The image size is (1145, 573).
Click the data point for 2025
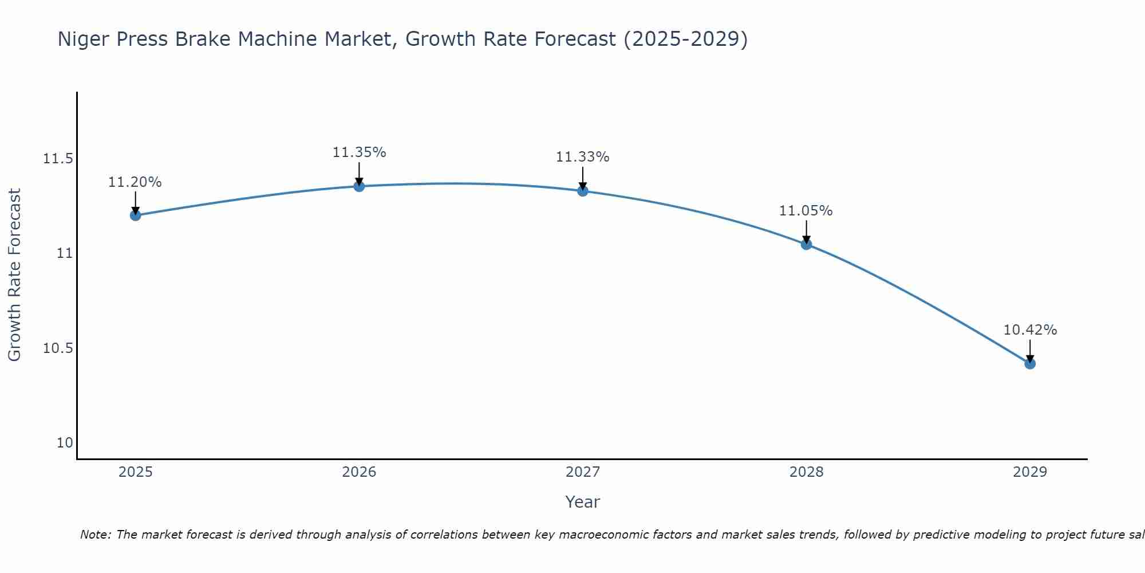coord(136,215)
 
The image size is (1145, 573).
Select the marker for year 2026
coord(359,186)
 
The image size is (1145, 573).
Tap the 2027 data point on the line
coord(583,191)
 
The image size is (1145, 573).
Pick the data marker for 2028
coord(806,245)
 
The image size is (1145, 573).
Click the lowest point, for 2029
coord(1030,363)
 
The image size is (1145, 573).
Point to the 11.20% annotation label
coord(135,182)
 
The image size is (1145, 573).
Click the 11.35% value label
coord(359,152)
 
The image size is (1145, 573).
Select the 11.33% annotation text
coord(583,157)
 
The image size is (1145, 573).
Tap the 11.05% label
coord(806,211)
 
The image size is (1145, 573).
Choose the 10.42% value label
coord(1030,330)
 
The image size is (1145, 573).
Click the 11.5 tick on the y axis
coord(58,159)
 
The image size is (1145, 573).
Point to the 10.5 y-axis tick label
coord(58,348)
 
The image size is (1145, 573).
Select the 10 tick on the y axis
coord(65,443)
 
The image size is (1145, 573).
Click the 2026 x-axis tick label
coord(359,472)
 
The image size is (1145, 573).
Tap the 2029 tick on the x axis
coord(1030,472)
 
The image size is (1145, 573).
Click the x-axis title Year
coord(582,502)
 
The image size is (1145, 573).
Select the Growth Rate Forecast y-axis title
coord(14,275)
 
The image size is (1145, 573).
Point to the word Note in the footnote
coord(94,535)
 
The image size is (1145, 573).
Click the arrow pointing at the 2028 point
coord(806,231)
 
